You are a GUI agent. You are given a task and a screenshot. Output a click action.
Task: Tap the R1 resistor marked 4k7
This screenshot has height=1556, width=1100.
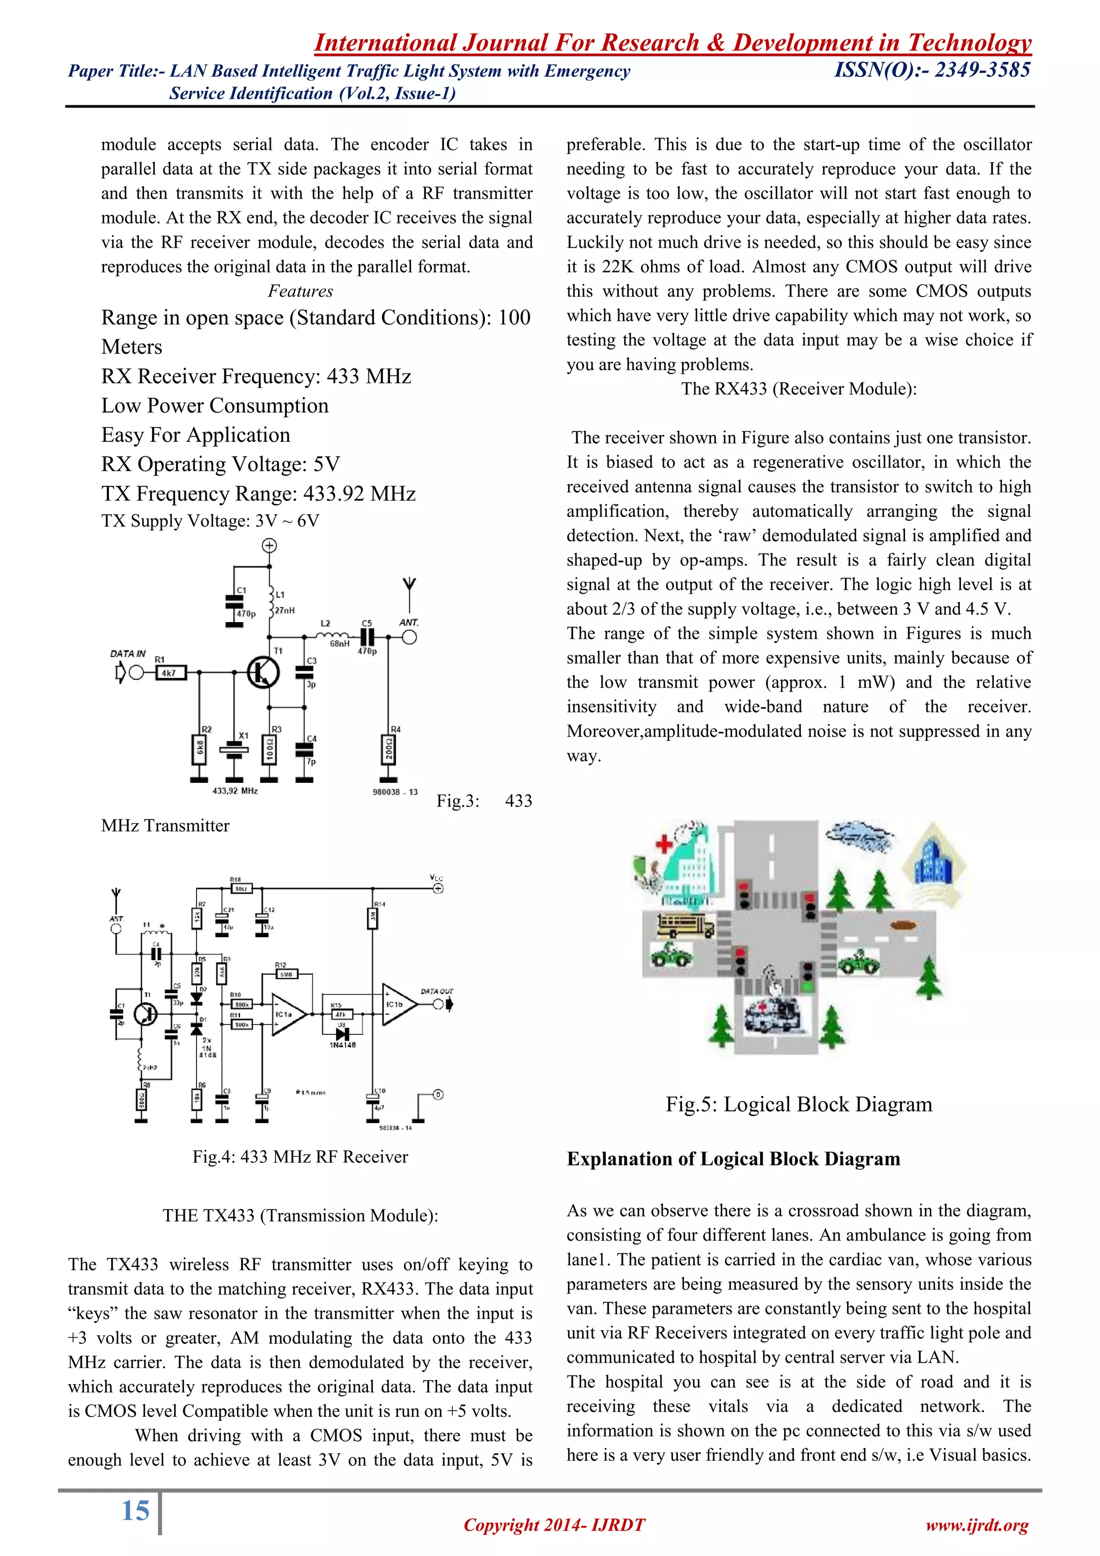pyautogui.click(x=170, y=673)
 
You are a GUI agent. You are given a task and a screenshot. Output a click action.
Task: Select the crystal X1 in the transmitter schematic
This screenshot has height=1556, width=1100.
pyautogui.click(x=234, y=750)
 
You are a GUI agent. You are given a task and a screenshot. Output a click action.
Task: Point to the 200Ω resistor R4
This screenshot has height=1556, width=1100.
pyautogui.click(x=389, y=750)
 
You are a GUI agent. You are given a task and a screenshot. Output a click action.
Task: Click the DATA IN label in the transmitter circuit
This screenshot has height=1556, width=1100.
pyautogui.click(x=128, y=654)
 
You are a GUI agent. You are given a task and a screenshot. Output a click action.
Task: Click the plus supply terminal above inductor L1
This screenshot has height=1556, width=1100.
pyautogui.click(x=270, y=545)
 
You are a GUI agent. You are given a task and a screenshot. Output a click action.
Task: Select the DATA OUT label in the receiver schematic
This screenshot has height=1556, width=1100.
pyautogui.click(x=437, y=991)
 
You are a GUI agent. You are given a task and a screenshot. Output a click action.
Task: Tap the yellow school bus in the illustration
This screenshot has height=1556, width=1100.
pyautogui.click(x=685, y=926)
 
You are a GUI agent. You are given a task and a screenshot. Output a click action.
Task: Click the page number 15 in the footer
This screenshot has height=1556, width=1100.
pyautogui.click(x=135, y=1510)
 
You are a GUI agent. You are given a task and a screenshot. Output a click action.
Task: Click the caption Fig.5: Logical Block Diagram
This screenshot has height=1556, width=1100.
pyautogui.click(x=799, y=1104)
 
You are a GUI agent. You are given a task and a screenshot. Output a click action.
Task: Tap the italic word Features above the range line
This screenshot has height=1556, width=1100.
pyautogui.click(x=300, y=291)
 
